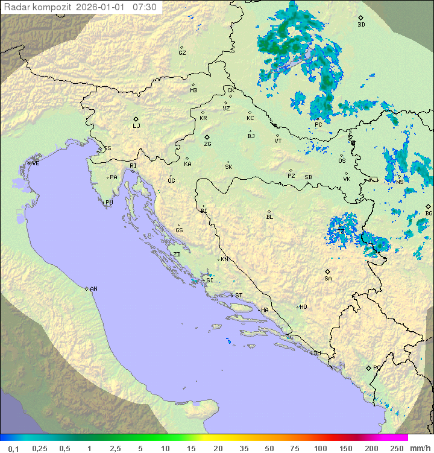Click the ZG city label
[x=207, y=145]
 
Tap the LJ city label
[x=136, y=126]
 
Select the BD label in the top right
[x=361, y=25]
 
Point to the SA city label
[x=328, y=279]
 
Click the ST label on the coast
[x=239, y=296]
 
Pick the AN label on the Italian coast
[x=93, y=289]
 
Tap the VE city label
[x=36, y=163]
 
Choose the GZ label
[x=182, y=53]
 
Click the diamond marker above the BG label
[x=428, y=206]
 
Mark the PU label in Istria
[x=109, y=203]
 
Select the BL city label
[x=269, y=217]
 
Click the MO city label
[x=303, y=307]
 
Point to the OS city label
[x=342, y=161]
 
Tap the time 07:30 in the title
[x=145, y=7]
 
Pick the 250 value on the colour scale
[x=397, y=448]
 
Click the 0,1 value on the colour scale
[x=13, y=448]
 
